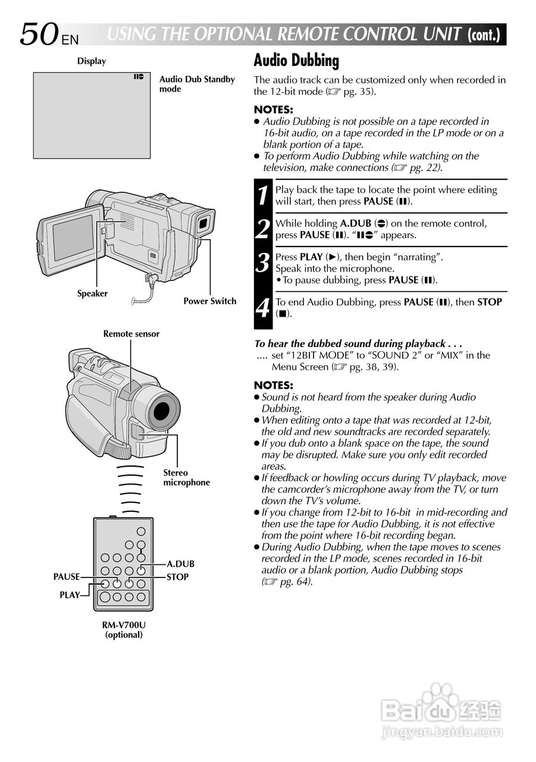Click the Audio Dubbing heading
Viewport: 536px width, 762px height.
296,61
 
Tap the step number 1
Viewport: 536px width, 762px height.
263,196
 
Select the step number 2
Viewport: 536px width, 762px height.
263,229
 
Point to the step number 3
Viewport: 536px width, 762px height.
263,263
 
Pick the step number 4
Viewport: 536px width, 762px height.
263,308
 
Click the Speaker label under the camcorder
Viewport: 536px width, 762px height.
92,293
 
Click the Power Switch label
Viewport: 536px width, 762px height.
209,301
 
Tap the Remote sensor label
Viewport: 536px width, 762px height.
131,334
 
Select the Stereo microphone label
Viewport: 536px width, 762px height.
186,477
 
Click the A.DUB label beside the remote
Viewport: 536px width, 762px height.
180,564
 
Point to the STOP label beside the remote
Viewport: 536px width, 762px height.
177,576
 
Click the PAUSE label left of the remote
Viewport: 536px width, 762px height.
66,576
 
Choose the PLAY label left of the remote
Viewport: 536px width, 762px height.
70,595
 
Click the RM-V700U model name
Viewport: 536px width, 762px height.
124,625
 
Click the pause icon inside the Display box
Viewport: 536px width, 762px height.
139,77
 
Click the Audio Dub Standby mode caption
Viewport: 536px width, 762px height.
197,84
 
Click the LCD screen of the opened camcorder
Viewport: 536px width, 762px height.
73,238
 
